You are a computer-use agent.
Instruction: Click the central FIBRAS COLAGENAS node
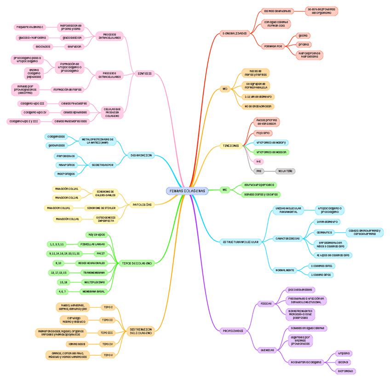point(187,191)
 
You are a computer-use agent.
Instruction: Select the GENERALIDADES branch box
point(235,33)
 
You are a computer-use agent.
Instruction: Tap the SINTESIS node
point(144,74)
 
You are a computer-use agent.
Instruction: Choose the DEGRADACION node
point(141,155)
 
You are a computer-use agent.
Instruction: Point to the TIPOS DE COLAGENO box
point(137,263)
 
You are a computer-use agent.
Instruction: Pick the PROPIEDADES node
point(233,331)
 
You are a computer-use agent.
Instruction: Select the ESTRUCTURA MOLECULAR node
point(241,241)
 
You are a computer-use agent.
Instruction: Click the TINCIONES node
point(231,146)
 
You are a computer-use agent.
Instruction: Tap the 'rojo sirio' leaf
point(263,133)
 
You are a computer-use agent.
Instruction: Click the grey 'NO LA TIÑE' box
point(286,171)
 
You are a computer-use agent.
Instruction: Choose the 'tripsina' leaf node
point(343,353)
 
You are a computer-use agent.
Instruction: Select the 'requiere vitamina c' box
point(29,27)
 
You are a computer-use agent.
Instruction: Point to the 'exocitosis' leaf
point(43,47)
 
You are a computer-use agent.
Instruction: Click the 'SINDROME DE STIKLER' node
point(101,208)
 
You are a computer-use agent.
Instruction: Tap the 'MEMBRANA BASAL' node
point(93,291)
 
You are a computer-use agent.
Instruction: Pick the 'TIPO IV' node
point(108,344)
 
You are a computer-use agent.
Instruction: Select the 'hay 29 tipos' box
point(97,234)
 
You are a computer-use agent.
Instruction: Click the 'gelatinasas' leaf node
point(57,145)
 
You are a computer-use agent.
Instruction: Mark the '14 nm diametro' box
point(327,222)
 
